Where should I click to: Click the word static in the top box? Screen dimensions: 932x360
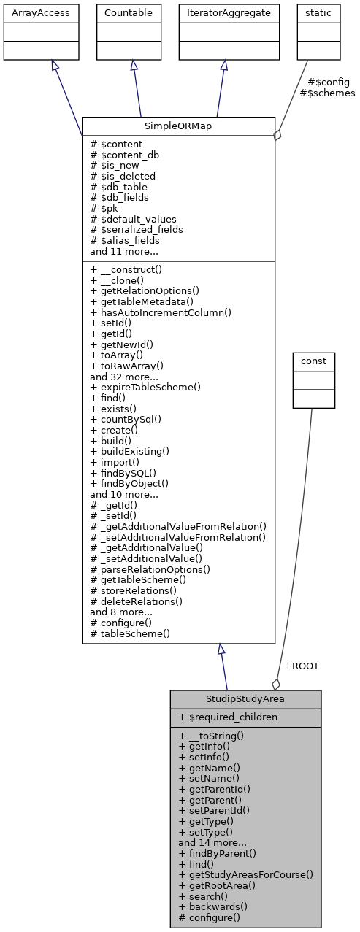[x=318, y=12]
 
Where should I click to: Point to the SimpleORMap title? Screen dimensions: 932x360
[x=177, y=126]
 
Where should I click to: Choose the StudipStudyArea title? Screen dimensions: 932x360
[x=245, y=699]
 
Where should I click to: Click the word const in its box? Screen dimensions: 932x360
[x=313, y=361]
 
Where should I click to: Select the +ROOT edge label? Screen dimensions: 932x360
[x=302, y=666]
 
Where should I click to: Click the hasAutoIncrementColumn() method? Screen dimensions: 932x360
[x=161, y=312]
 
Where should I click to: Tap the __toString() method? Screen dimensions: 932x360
[x=211, y=736]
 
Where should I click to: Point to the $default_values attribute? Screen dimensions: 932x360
[x=133, y=218]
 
